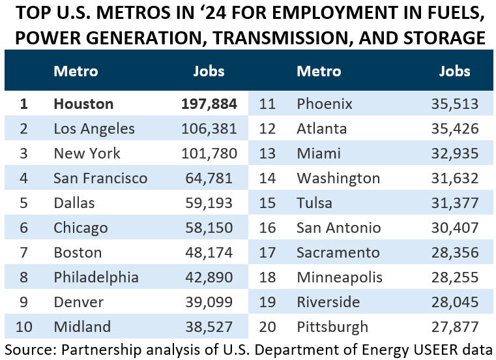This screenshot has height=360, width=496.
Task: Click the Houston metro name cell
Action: coord(83,104)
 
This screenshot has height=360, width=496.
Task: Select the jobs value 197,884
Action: coord(209,104)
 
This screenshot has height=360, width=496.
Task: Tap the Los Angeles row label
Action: coord(94,128)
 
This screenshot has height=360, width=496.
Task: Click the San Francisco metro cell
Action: coord(100,178)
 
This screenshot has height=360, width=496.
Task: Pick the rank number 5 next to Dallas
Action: coord(24,203)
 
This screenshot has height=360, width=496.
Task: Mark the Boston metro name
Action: coord(78,252)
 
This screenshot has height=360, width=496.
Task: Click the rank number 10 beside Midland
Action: coord(24,326)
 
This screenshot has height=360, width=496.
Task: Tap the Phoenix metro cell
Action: coord(325,104)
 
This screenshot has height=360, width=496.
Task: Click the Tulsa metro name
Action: coord(314,203)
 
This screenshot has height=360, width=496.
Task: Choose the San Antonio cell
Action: coord(338,228)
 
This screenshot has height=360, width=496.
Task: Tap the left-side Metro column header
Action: coord(76,70)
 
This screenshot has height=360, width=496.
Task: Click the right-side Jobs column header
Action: coord(455,70)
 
